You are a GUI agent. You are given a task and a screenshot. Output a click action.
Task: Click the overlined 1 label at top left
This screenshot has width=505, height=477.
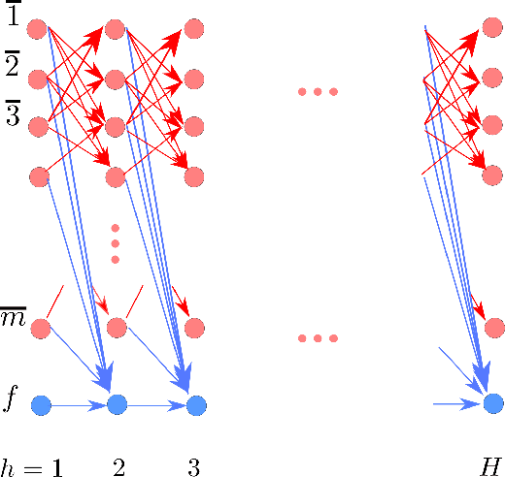13,17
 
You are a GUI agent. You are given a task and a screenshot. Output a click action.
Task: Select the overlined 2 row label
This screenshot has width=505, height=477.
13,66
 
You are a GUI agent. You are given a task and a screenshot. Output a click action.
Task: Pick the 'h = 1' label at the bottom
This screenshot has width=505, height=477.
31,466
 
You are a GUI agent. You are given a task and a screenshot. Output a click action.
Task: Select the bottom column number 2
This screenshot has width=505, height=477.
118,466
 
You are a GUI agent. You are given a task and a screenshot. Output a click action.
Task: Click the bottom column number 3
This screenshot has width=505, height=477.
194,466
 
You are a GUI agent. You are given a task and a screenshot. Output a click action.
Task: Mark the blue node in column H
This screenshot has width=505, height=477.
493,402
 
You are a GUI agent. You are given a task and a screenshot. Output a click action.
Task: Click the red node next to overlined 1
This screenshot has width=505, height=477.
40,28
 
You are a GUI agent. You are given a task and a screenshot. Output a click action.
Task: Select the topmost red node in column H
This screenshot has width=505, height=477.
493,28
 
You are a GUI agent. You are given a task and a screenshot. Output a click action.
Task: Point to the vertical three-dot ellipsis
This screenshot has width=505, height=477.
116,243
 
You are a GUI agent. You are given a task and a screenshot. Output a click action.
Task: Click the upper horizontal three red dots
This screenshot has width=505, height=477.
318,92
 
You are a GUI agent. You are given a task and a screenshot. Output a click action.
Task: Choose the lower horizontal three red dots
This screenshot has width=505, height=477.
318,339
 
